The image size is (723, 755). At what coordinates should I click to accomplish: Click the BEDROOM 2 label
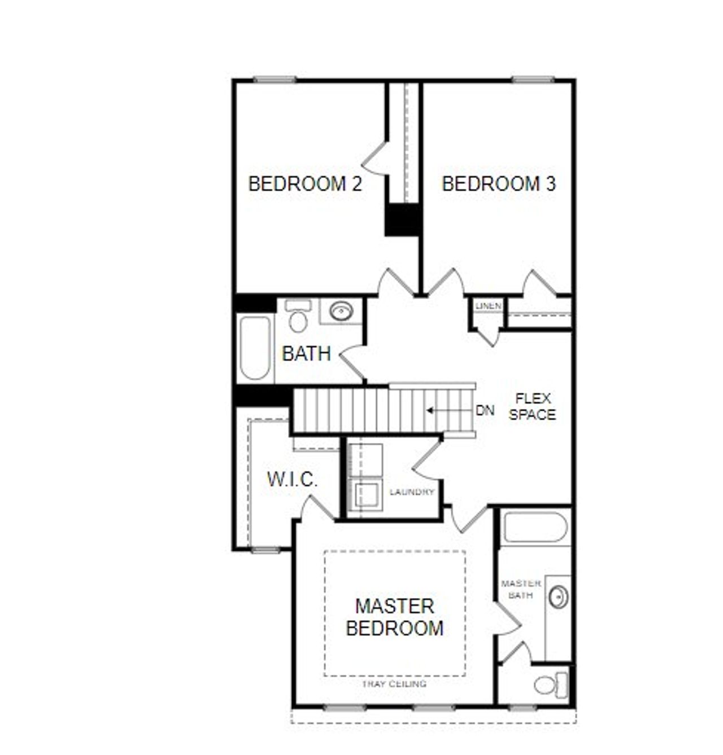pyautogui.click(x=305, y=184)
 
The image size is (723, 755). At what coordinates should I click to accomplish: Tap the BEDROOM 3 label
pyautogui.click(x=499, y=184)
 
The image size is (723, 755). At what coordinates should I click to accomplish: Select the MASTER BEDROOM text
pyautogui.click(x=394, y=617)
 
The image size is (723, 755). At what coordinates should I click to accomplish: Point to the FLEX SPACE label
pyautogui.click(x=532, y=406)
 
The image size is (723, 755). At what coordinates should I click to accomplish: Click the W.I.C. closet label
pyautogui.click(x=292, y=480)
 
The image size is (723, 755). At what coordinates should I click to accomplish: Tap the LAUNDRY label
pyautogui.click(x=412, y=492)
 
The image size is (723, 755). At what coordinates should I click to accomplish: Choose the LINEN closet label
pyautogui.click(x=489, y=306)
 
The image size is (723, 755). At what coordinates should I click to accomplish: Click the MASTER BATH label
pyautogui.click(x=521, y=589)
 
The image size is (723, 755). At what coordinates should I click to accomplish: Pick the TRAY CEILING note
pyautogui.click(x=394, y=684)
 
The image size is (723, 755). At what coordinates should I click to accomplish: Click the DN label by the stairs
pyautogui.click(x=485, y=410)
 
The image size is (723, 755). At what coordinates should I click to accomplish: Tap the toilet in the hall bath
pyautogui.click(x=298, y=317)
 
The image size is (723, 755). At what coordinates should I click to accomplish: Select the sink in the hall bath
pyautogui.click(x=341, y=310)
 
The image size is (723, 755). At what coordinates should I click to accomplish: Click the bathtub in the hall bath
pyautogui.click(x=255, y=348)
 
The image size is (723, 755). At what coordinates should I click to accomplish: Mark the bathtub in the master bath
pyautogui.click(x=535, y=526)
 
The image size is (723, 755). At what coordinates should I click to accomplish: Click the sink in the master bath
pyautogui.click(x=559, y=597)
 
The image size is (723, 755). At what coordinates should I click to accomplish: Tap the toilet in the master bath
pyautogui.click(x=551, y=685)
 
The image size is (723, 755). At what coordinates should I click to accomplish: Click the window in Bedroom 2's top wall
pyautogui.click(x=275, y=80)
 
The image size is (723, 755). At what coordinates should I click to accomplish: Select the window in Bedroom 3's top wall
pyautogui.click(x=533, y=80)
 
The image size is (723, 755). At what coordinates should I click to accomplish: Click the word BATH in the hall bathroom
pyautogui.click(x=306, y=354)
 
